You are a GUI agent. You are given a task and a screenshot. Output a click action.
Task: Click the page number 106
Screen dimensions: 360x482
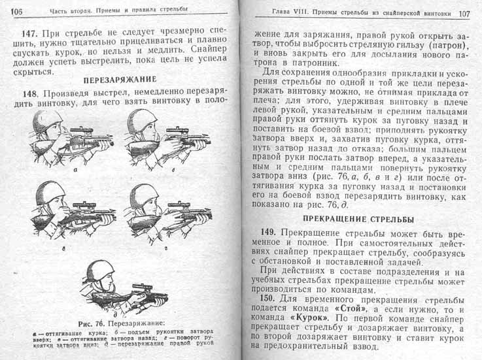[x=17, y=11]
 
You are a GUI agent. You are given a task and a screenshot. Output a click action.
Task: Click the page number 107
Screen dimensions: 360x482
[x=464, y=13]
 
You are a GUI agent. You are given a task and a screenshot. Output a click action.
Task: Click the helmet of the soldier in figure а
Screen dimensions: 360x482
[x=48, y=120]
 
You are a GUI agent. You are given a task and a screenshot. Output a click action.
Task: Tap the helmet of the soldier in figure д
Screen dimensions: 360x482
[x=101, y=270]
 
